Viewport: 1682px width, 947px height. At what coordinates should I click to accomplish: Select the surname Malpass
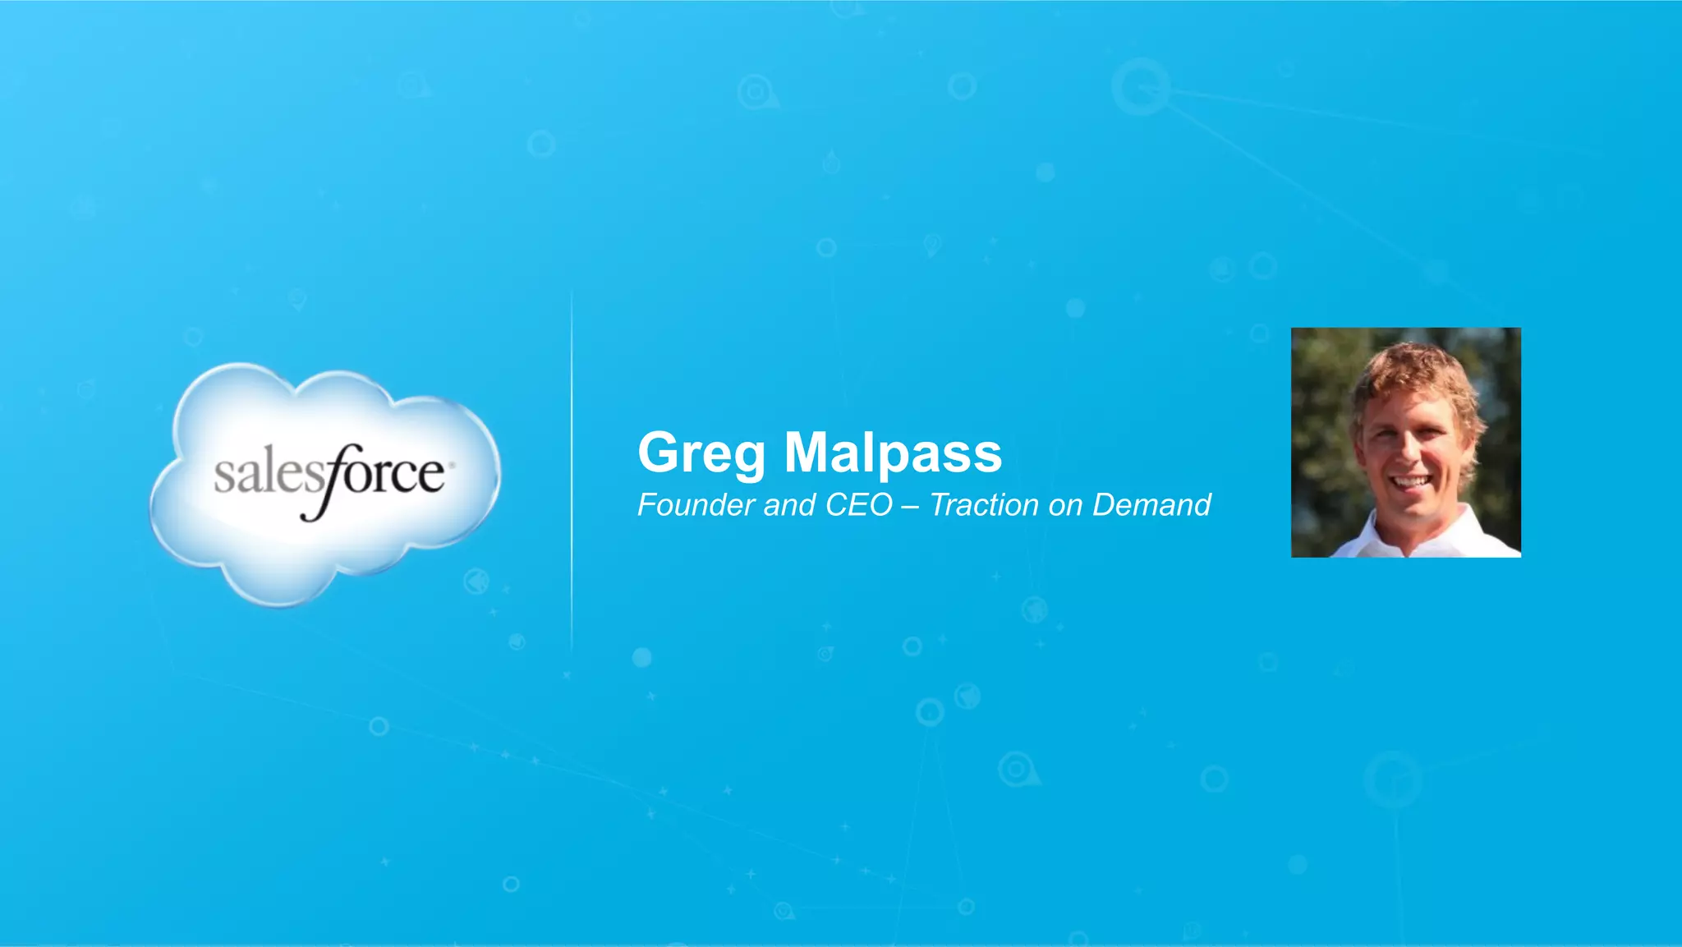point(893,453)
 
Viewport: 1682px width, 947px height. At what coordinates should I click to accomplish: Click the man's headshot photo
point(1405,443)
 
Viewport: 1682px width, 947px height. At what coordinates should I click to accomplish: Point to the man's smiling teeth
point(1411,482)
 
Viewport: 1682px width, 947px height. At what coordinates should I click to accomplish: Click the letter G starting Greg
point(659,453)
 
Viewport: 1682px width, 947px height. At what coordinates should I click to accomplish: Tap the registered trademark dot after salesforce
point(452,465)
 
